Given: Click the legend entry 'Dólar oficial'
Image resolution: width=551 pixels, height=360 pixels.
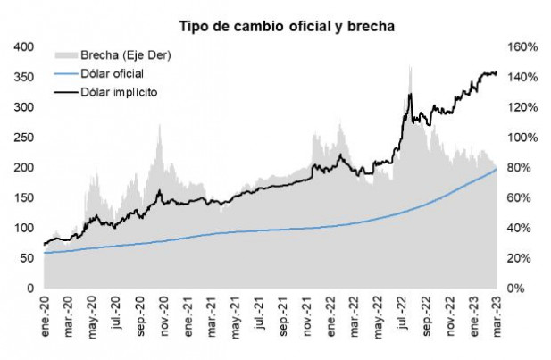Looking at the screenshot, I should pos(111,72).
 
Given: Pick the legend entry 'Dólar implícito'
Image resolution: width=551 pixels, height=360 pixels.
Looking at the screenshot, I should pos(116,90).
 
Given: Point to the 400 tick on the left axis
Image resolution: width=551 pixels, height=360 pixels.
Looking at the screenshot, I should pos(22,46).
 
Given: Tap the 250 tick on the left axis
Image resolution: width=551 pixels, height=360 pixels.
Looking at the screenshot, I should pos(22,138).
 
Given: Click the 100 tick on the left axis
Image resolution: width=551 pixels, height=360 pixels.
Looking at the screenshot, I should pos(22,228).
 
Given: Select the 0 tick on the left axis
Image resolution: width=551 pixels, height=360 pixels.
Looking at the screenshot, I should pos(29,289).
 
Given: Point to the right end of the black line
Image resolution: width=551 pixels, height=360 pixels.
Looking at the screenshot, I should pos(497,73).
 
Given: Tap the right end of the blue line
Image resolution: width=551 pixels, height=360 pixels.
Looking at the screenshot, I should pos(497,169).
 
